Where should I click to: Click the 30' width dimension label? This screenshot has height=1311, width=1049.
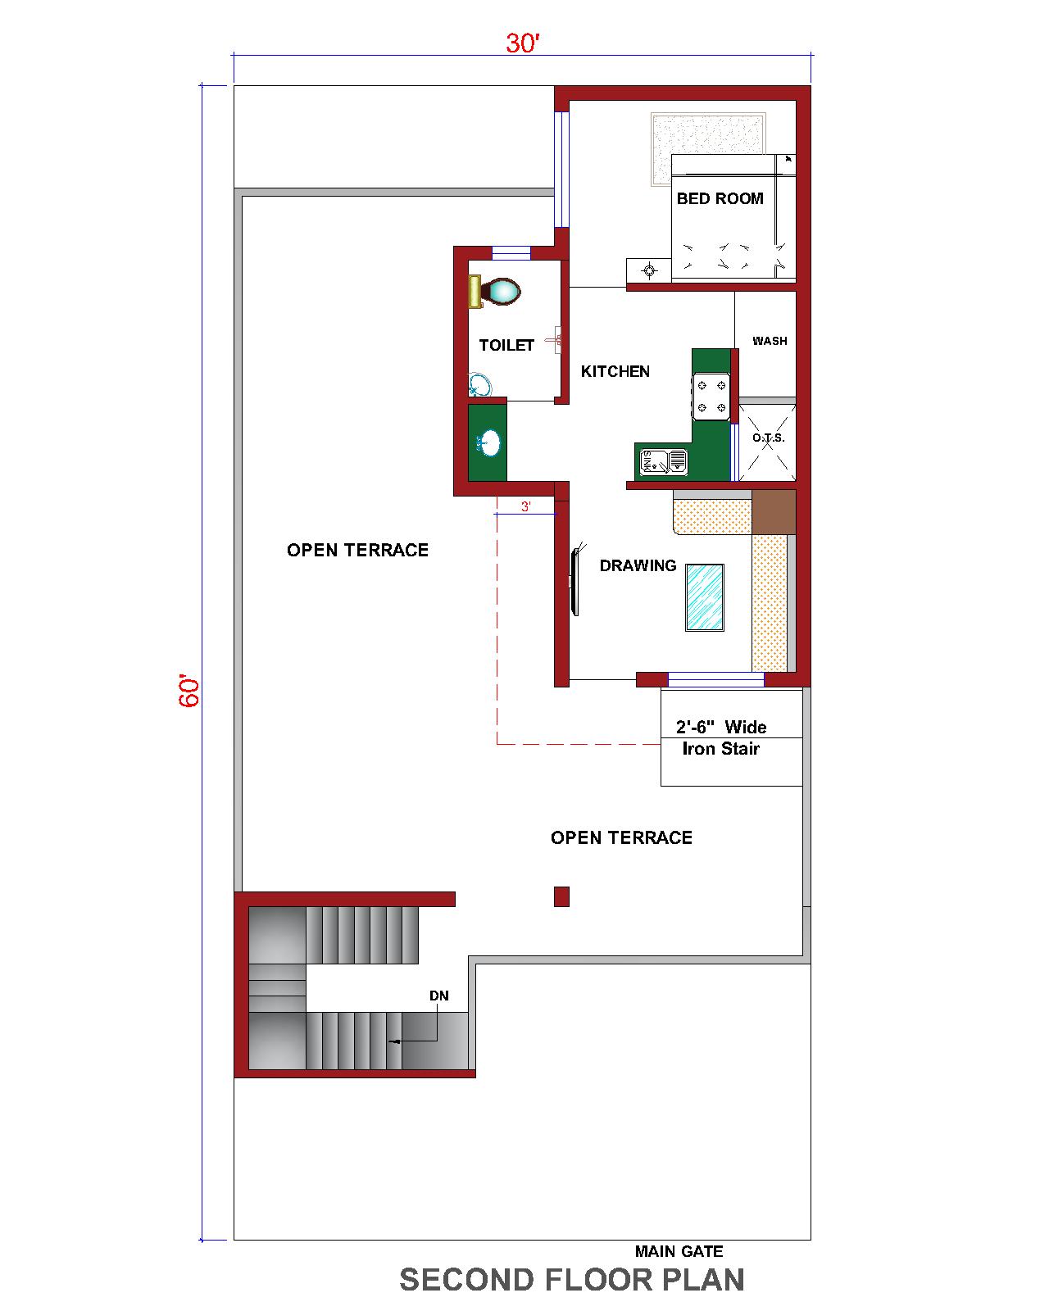521,43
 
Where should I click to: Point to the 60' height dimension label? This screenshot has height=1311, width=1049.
188,691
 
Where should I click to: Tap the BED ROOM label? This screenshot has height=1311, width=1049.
720,198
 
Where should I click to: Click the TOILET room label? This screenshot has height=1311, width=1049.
506,345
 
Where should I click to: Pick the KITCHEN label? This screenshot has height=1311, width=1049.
615,371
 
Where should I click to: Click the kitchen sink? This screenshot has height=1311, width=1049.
663,462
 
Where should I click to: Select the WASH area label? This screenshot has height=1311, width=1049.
770,341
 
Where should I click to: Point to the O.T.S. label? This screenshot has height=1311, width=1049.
769,438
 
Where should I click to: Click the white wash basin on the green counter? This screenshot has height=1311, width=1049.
488,443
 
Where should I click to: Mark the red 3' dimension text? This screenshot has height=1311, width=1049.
525,506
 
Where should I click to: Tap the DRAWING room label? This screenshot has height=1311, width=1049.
638,565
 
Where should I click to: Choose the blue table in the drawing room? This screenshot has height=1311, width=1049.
705,597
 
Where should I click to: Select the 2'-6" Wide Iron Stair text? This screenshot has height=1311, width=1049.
721,737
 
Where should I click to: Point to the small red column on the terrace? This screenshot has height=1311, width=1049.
561,896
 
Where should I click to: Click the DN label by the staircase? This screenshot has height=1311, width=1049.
439,996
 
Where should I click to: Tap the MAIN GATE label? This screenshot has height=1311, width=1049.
679,1251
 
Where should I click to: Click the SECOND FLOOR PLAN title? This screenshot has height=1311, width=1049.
571,1280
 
